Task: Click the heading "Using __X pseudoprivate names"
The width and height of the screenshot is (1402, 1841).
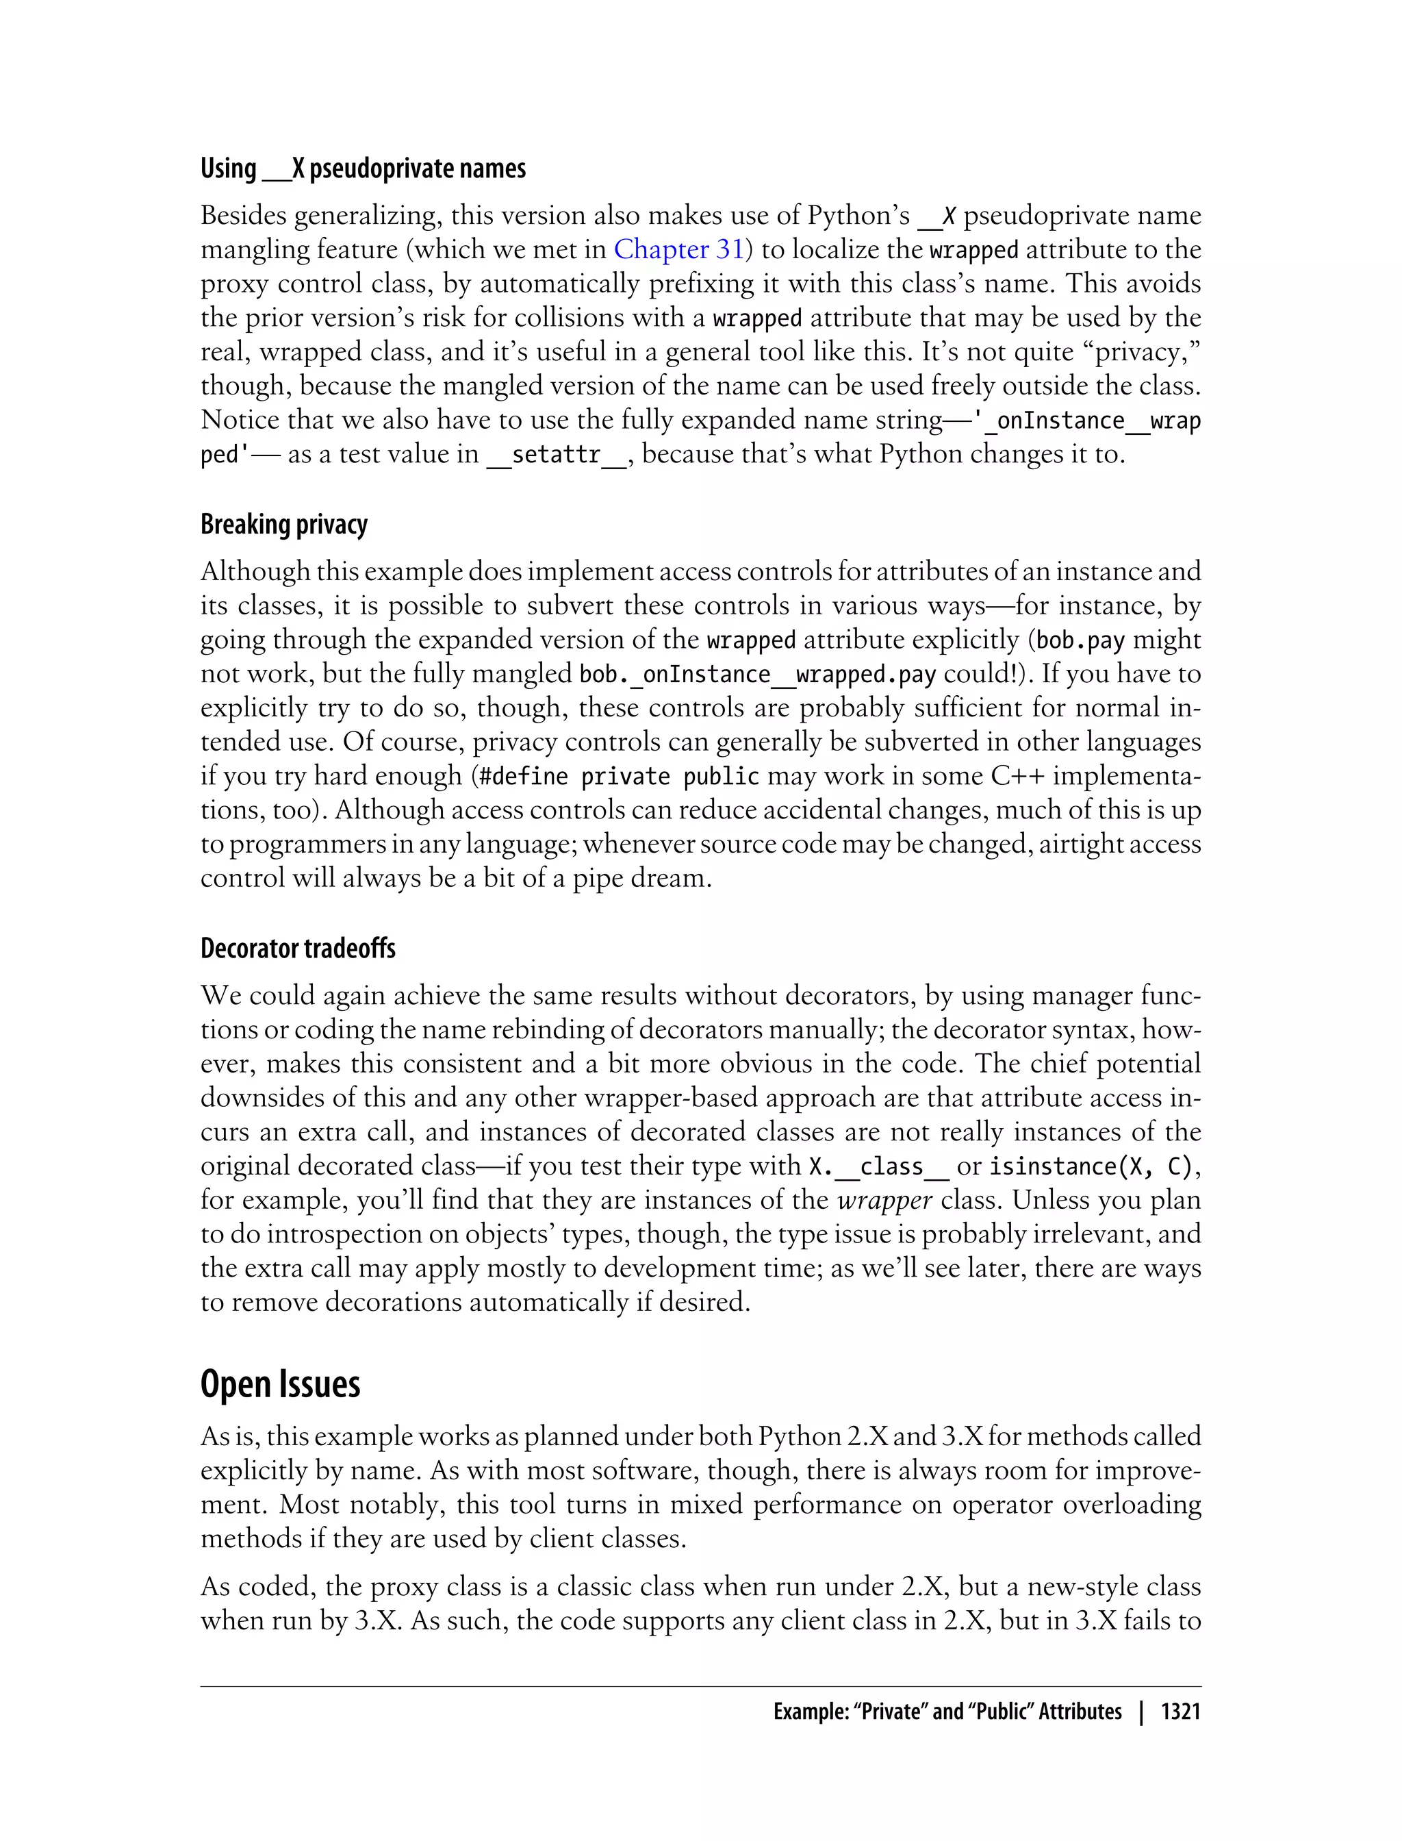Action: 363,168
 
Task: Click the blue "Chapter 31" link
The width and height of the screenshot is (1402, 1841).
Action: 678,249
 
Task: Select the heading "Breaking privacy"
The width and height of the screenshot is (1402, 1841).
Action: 283,525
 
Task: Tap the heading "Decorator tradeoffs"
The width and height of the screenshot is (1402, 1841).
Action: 298,949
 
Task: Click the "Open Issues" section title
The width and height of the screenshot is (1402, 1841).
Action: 281,1384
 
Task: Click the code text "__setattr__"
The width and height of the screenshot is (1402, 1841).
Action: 556,455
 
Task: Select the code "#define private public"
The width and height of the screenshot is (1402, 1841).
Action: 620,777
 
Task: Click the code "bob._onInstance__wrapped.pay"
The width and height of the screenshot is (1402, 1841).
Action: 758,675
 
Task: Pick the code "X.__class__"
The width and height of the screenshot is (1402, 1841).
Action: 879,1166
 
